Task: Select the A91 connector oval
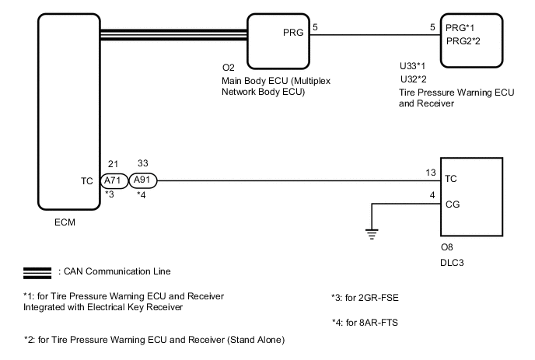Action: [143, 180]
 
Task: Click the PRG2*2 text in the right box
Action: [464, 41]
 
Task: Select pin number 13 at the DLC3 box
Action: [431, 173]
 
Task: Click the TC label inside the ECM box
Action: [87, 180]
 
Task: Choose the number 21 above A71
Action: [114, 164]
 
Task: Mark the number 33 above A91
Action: [142, 164]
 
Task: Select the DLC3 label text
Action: [453, 267]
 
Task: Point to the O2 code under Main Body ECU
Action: [229, 68]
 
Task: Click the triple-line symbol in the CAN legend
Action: [39, 271]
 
